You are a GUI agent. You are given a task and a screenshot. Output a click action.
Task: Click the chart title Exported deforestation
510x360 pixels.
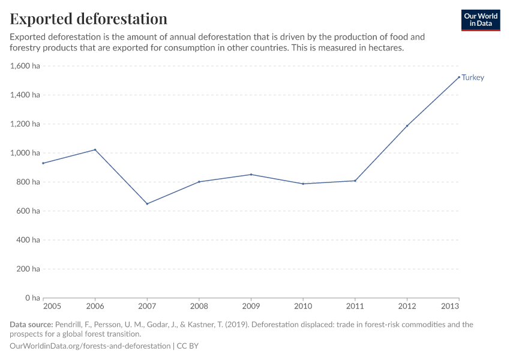pyautogui.click(x=88, y=19)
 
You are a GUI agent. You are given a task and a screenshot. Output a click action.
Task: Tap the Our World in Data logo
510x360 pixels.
pyautogui.click(x=480, y=20)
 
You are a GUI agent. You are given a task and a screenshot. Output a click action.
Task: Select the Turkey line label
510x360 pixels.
pyautogui.click(x=473, y=77)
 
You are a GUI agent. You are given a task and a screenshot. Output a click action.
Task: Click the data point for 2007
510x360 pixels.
pyautogui.click(x=147, y=203)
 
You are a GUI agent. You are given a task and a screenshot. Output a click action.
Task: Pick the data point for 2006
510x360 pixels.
pyautogui.click(x=95, y=149)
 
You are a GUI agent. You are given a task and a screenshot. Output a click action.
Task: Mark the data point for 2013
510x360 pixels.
pyautogui.click(x=459, y=77)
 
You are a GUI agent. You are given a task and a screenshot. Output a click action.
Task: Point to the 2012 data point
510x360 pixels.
pyautogui.click(x=407, y=126)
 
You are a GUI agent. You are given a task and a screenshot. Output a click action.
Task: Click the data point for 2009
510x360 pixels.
pyautogui.click(x=251, y=175)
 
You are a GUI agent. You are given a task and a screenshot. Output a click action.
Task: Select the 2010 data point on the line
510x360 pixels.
pyautogui.click(x=303, y=184)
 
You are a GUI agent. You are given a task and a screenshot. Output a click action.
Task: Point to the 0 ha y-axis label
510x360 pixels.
pyautogui.click(x=32, y=298)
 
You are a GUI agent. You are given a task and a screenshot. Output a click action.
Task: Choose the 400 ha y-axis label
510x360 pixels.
pyautogui.click(x=28, y=240)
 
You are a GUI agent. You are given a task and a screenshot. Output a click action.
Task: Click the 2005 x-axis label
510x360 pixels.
pyautogui.click(x=52, y=306)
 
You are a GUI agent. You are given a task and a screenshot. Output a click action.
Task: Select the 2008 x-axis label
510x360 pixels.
pyautogui.click(x=199, y=306)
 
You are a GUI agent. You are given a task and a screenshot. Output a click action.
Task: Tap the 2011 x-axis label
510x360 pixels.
pyautogui.click(x=355, y=306)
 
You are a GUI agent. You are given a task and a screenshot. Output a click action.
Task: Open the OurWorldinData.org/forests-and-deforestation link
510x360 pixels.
pyautogui.click(x=90, y=346)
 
